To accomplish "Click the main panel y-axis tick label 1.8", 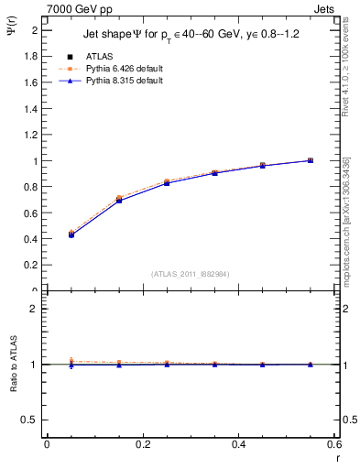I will [x=30, y=56].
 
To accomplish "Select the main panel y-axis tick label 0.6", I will [x=30, y=213].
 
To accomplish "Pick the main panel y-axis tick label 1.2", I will [x=30, y=135].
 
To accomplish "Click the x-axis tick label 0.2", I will [x=143, y=444].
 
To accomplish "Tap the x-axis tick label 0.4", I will [x=238, y=444].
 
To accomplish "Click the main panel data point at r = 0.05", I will [x=71, y=234].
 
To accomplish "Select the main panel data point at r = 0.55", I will [x=310, y=160].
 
